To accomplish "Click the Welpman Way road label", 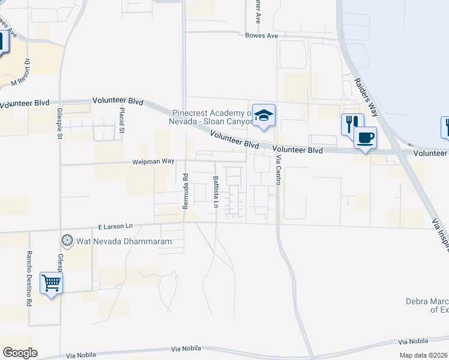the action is pyautogui.click(x=153, y=161).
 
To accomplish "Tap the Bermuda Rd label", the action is pyautogui.click(x=185, y=191).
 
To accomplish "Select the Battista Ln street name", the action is pyautogui.click(x=215, y=191).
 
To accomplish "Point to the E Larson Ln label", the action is pyautogui.click(x=115, y=227).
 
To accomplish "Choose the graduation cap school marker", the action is pyautogui.click(x=264, y=115).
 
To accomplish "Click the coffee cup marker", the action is pyautogui.click(x=365, y=138).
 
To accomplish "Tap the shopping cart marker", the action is pyautogui.click(x=51, y=283).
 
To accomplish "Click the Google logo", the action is pyautogui.click(x=20, y=353).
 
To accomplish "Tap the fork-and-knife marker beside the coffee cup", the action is pyautogui.click(x=351, y=124).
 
